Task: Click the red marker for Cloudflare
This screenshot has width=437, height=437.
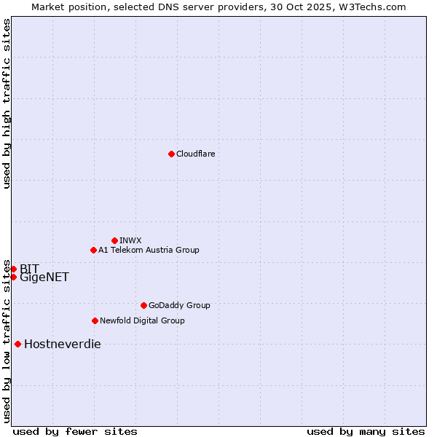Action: [171, 154]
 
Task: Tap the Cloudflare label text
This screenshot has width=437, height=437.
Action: [195, 154]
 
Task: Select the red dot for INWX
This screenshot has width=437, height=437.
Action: [114, 240]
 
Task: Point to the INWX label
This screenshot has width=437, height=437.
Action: [130, 240]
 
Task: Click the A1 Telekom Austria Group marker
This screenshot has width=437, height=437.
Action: [93, 250]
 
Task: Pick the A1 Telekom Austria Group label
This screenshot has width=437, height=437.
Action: [149, 250]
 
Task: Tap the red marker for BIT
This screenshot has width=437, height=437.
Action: [13, 269]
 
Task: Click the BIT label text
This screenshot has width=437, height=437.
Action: [29, 269]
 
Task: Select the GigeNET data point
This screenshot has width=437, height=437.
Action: [13, 277]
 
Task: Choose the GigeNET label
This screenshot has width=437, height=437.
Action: [44, 277]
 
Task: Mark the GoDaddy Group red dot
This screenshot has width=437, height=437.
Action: [143, 305]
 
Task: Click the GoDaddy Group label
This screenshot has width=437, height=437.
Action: [179, 305]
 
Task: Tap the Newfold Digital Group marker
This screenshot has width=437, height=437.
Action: [95, 320]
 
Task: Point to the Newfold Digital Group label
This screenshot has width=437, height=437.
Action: [142, 320]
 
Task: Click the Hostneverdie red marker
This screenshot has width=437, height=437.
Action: [17, 344]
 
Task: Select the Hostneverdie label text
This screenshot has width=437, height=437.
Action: [63, 345]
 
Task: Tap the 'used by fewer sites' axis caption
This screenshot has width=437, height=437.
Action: [75, 431]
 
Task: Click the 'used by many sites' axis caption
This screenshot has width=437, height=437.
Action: [366, 431]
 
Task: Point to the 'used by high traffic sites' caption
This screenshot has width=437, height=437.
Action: [7, 103]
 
